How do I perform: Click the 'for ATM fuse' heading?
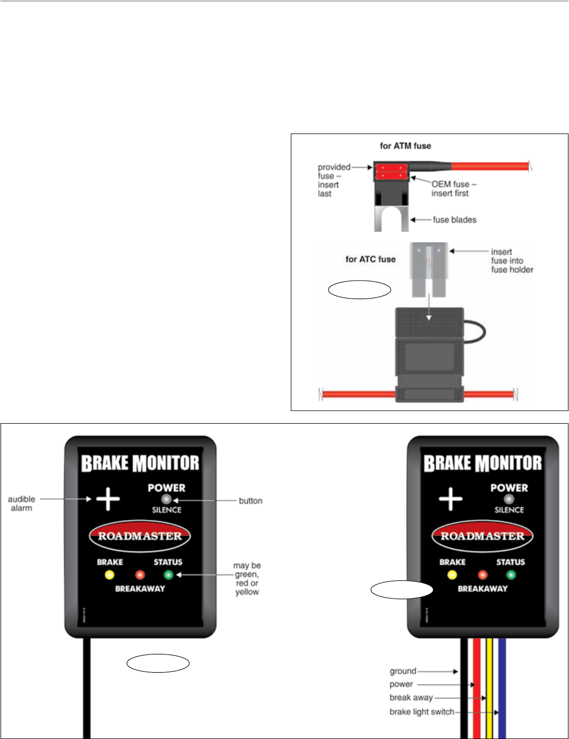405,146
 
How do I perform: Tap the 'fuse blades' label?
454,220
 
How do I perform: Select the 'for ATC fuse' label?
370,259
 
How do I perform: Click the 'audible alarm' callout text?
22,504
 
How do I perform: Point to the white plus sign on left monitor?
108,498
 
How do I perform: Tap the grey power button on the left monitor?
167,499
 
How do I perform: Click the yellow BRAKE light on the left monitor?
109,574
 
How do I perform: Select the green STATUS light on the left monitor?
168,574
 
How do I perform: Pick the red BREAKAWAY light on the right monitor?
482,574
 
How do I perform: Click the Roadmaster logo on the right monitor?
482,536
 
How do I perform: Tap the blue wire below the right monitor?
502,689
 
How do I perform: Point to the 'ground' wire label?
403,671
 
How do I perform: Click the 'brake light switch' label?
422,712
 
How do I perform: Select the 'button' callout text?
250,501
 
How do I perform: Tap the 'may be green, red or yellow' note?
247,579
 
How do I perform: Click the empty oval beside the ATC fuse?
360,290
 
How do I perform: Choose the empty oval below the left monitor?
158,663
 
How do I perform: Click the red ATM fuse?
391,172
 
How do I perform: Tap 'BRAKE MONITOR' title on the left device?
140,464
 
